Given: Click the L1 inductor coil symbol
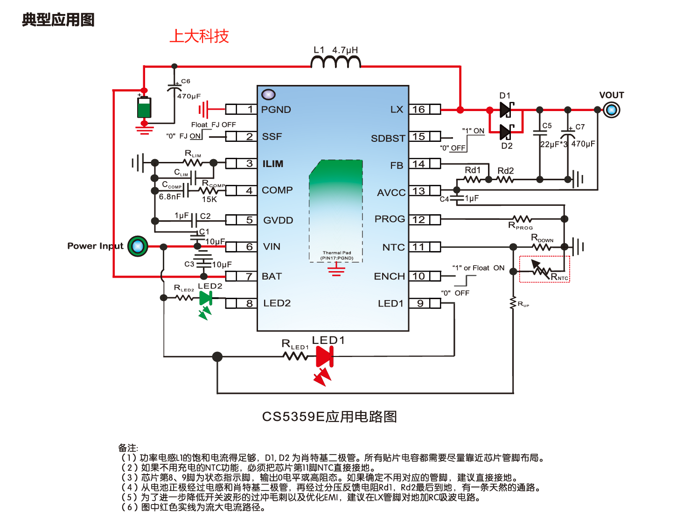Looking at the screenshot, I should coord(336,63).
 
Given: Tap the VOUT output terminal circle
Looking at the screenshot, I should coord(611,110).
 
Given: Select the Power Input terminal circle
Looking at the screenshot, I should coord(138,246).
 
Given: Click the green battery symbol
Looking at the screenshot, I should coord(144,107).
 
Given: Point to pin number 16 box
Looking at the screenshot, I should coord(419,110).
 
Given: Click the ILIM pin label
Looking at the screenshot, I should coord(273,164).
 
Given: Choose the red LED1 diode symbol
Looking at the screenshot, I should coord(324,357).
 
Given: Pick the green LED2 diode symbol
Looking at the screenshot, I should coord(206,298).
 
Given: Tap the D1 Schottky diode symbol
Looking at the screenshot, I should coord(506,110).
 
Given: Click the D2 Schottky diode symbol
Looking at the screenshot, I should coord(506,132).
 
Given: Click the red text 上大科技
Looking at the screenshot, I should coord(199,36).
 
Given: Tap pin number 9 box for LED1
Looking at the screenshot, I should coord(420,304).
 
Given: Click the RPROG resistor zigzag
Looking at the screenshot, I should coord(522,219).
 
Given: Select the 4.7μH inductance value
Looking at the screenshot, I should coord(345,50).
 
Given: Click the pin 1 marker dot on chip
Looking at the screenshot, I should coord(268,95).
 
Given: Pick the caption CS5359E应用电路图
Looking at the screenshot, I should coord(329,417).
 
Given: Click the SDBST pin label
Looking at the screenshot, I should coord(388,139).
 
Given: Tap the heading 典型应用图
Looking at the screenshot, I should coord(58,20).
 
